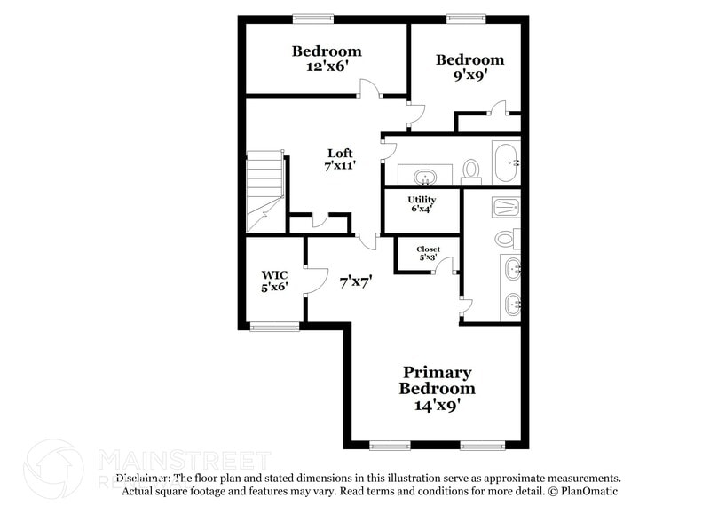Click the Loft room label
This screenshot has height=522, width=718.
[x=340, y=153]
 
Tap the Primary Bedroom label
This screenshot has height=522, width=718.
[x=437, y=380]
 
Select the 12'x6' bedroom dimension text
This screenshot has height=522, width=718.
[x=327, y=67]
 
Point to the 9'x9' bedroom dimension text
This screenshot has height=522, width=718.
[x=469, y=75]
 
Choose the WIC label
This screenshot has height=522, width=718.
[x=274, y=274]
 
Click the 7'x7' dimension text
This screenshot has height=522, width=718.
[x=355, y=281]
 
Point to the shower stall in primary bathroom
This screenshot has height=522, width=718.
[x=504, y=208]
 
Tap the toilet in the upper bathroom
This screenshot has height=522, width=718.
[x=471, y=168]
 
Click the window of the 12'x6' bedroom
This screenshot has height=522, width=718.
[x=313, y=17]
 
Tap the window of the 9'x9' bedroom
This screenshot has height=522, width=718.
[x=465, y=17]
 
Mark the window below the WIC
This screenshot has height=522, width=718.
[x=272, y=327]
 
